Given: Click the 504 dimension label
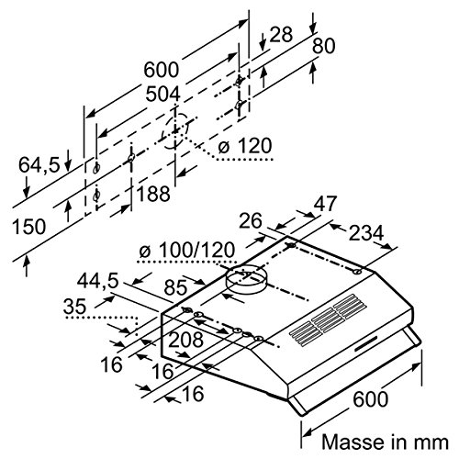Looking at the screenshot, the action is pos(162,94).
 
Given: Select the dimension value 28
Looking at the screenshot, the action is pos(281,34).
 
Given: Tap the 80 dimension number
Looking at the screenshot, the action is pos(323,46).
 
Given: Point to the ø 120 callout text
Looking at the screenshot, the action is pos(245,146).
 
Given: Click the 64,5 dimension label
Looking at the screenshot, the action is pos(39,165).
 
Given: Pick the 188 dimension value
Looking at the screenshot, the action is pos(153,194).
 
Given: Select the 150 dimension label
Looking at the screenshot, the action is pos(28,227).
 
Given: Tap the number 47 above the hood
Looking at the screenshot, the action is pos(325,203).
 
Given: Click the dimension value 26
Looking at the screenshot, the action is pos(251,220).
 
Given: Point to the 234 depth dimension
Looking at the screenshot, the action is pos(366,233).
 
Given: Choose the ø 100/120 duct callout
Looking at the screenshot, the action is pos(186,251).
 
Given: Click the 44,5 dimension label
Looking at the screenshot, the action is pos(97,281).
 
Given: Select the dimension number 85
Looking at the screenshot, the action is pos(175,287).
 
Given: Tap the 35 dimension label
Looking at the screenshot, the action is pos(74,306).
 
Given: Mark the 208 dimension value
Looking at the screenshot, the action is pos(186,340).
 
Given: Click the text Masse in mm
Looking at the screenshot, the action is pos(385,442).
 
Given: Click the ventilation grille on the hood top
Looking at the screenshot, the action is pos(328,320).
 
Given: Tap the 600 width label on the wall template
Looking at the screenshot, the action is pos(161,70).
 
